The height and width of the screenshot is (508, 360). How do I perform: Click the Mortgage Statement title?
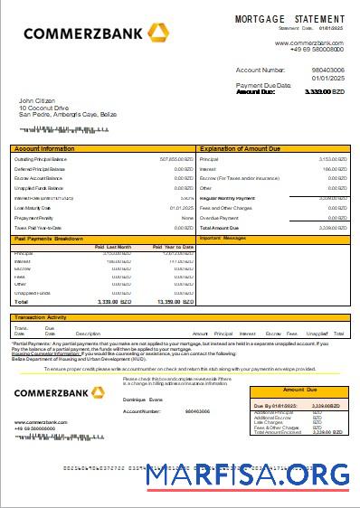click(x=289, y=19)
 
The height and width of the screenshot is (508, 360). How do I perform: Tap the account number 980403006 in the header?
click(x=327, y=69)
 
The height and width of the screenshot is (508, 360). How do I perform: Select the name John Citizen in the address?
click(x=37, y=100)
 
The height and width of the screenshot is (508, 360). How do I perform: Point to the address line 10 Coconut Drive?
click(x=44, y=108)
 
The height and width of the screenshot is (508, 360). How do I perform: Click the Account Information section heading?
click(x=45, y=147)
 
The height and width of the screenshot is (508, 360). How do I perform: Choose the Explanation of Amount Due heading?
click(x=243, y=147)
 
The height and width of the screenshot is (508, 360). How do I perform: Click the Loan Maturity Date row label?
click(x=33, y=207)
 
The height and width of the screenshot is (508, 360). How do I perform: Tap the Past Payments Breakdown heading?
click(x=49, y=239)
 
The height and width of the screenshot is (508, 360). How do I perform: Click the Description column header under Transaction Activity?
click(x=88, y=334)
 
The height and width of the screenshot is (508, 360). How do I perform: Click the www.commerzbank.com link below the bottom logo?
click(x=41, y=421)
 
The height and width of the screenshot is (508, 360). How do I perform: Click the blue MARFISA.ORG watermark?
click(x=247, y=474)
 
